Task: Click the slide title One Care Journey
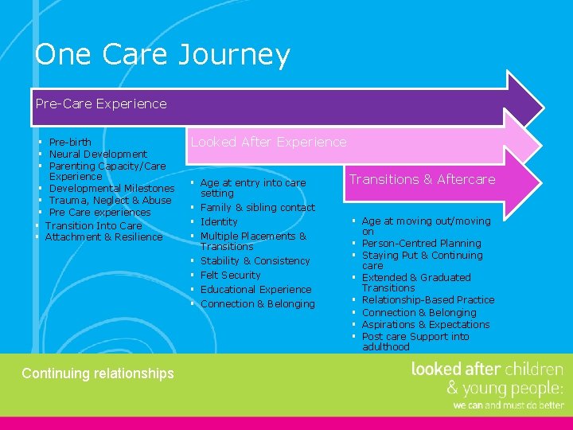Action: pos(162,55)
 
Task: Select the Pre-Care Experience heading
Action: pos(101,104)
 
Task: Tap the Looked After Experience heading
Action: pos(268,142)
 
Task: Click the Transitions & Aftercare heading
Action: pos(422,179)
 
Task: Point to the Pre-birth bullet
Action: pos(70,143)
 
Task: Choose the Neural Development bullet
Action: pos(98,154)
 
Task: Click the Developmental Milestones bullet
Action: pos(111,188)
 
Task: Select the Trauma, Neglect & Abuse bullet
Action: pos(110,200)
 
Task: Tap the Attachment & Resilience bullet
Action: pos(103,236)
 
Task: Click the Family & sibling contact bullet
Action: pos(257,207)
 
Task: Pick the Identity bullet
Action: pos(219,221)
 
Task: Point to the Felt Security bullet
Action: pos(230,275)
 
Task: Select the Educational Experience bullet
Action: pos(255,289)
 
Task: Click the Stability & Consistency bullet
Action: pos(255,260)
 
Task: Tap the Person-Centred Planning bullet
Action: pos(421,243)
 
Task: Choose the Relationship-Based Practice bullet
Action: pos(428,299)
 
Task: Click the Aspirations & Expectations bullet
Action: pos(426,324)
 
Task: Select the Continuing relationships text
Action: pos(98,373)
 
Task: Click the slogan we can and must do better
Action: pos(508,405)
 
